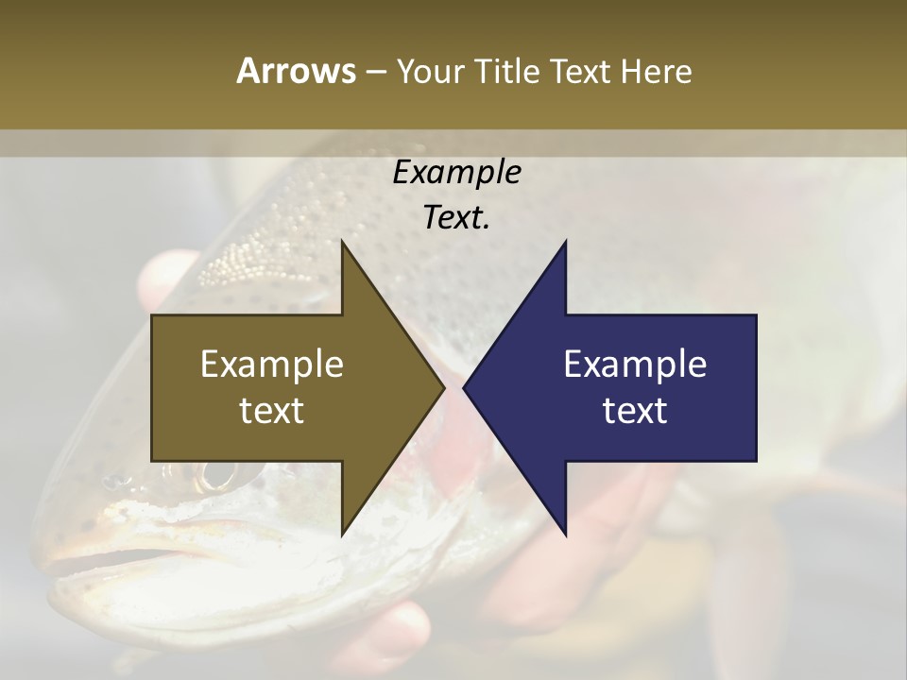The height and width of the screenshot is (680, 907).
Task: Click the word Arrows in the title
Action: pyautogui.click(x=296, y=71)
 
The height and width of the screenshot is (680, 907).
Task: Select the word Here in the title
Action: pyautogui.click(x=657, y=71)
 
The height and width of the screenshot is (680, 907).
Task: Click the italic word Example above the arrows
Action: pyautogui.click(x=456, y=172)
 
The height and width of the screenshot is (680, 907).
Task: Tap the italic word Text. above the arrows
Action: pyautogui.click(x=456, y=218)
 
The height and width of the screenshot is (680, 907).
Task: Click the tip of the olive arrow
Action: pyautogui.click(x=442, y=388)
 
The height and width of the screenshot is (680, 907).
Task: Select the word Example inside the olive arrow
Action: pyautogui.click(x=272, y=364)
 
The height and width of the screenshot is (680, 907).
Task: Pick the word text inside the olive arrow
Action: pyautogui.click(x=272, y=411)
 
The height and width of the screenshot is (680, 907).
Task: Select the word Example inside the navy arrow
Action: pyautogui.click(x=635, y=364)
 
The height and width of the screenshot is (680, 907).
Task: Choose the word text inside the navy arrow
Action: pyautogui.click(x=635, y=411)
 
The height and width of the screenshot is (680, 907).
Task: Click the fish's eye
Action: pyautogui.click(x=215, y=474)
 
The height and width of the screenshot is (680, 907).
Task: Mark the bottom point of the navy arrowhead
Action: pyautogui.click(x=565, y=535)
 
